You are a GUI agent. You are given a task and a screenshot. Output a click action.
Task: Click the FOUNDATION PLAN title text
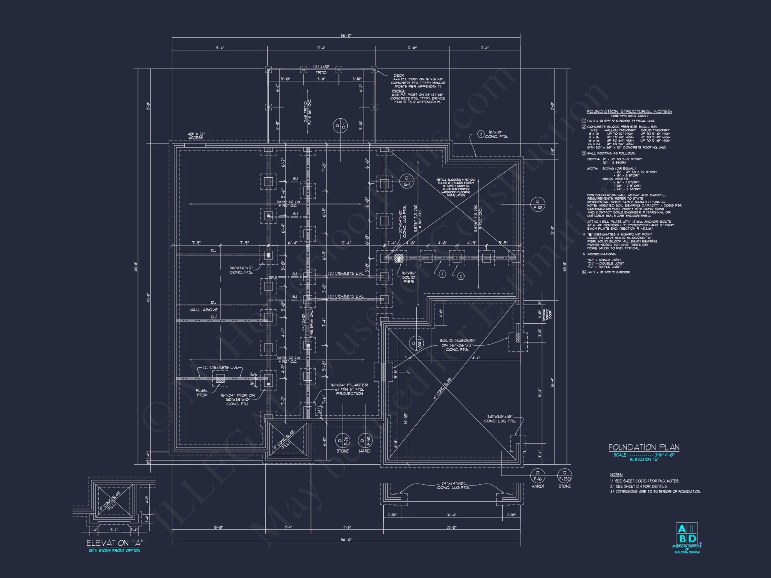[x=644, y=447]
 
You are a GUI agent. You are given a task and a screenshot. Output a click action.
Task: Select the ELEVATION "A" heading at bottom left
[x=115, y=543]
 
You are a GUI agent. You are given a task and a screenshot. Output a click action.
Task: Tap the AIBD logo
[x=687, y=534]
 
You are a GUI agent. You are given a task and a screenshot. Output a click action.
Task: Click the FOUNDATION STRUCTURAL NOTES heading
[x=629, y=111]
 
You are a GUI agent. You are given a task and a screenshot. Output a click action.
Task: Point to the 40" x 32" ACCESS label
[x=196, y=136]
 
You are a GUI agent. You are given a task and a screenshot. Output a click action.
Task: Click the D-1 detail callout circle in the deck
[x=341, y=125]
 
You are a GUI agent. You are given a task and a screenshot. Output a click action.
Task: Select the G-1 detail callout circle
[x=406, y=181]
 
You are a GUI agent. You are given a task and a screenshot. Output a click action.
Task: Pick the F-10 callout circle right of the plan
[x=537, y=205]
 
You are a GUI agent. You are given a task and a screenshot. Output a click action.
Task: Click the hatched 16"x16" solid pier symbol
[x=398, y=258]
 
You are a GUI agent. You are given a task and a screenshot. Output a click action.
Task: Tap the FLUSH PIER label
[x=202, y=393]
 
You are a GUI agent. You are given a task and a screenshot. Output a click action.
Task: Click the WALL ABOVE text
[x=204, y=310]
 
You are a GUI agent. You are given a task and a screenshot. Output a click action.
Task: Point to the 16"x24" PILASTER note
[x=349, y=389]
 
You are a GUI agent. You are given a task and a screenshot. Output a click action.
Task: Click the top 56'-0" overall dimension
[x=346, y=35]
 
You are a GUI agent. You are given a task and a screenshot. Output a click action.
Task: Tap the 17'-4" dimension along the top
[x=321, y=48]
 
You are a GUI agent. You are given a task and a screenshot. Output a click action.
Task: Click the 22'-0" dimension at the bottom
[x=452, y=528]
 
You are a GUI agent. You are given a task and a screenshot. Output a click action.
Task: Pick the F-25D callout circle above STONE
[x=564, y=476]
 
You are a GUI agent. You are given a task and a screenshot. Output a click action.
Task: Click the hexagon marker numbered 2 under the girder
[x=461, y=276]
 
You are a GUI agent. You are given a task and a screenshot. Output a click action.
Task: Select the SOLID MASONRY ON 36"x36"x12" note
[x=457, y=345]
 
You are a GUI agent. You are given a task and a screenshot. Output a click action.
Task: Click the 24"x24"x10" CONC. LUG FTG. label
[x=453, y=486]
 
